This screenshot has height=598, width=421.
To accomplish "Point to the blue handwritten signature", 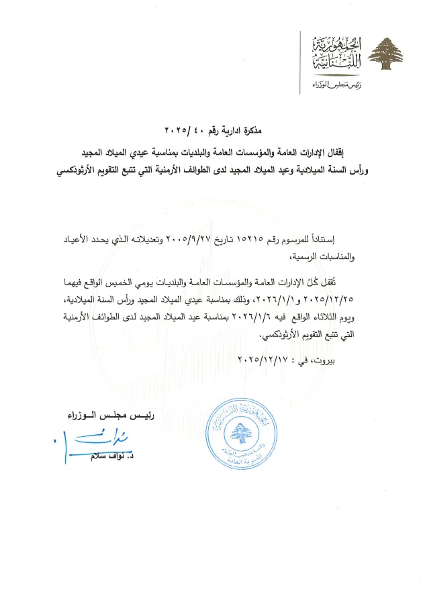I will tap(103, 443).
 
